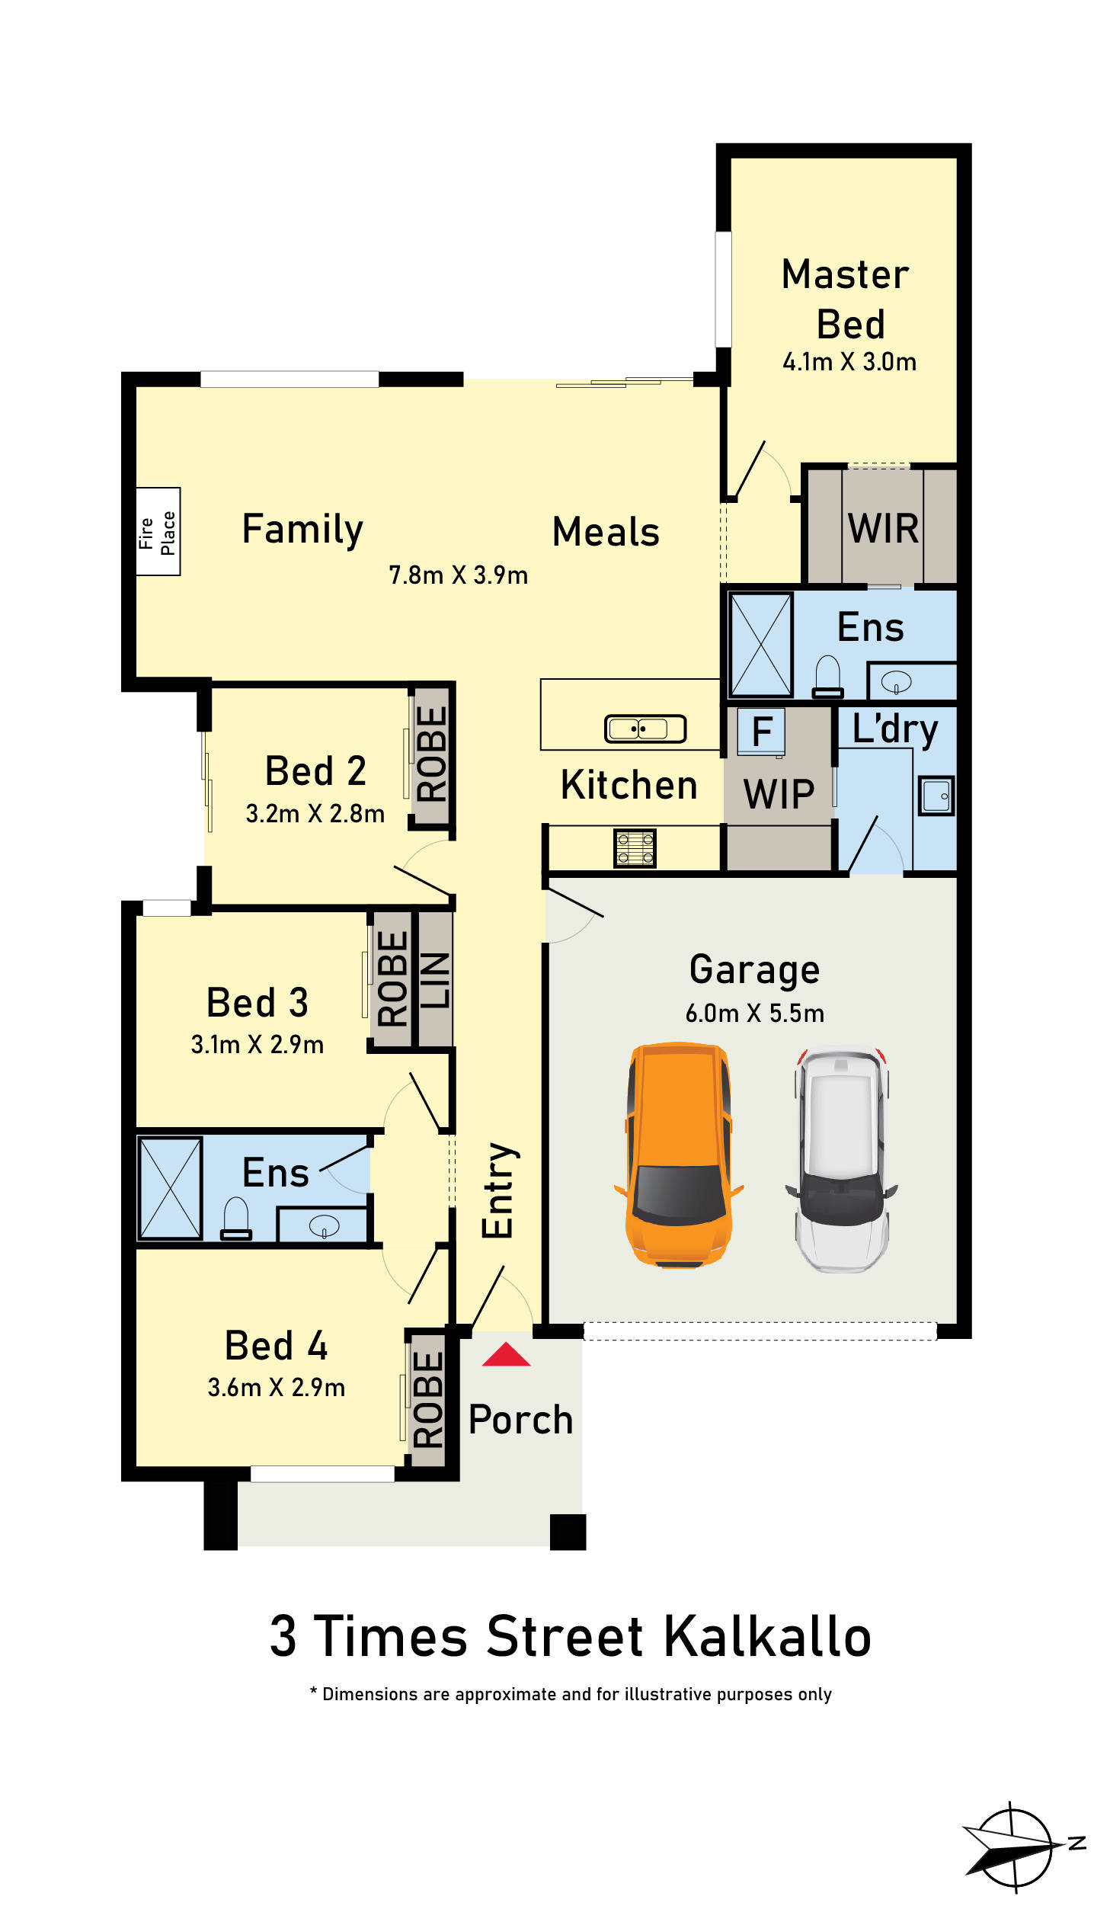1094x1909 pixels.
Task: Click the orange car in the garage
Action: (x=678, y=1155)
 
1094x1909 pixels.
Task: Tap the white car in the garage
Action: (x=842, y=1161)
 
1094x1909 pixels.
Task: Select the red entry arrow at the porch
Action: (x=506, y=1354)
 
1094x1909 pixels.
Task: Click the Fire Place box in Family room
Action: (x=158, y=532)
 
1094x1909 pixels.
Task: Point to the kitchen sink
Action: (x=645, y=729)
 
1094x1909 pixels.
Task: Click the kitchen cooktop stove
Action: (x=635, y=848)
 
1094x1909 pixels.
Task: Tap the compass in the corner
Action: (x=1021, y=1847)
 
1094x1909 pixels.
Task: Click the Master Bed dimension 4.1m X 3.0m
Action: (x=849, y=361)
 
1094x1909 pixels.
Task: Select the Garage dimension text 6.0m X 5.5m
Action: (x=754, y=1013)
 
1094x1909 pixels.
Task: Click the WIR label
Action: (x=883, y=527)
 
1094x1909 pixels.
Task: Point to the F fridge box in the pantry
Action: (x=761, y=732)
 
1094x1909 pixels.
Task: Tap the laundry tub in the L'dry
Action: (x=936, y=796)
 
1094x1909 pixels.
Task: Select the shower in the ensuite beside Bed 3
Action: (x=170, y=1188)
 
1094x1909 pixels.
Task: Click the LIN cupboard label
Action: (x=434, y=981)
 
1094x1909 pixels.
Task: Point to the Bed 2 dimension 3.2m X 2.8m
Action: (x=315, y=813)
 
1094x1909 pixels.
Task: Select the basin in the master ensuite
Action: (x=896, y=682)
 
